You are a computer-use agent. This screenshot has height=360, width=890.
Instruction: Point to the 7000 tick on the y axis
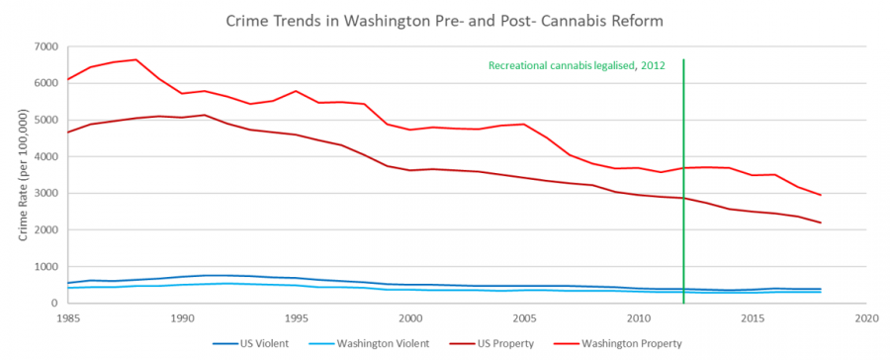[45, 46]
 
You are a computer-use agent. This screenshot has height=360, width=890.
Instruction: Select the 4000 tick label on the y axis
[45, 156]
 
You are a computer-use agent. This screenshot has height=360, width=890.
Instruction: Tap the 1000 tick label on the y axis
[45, 267]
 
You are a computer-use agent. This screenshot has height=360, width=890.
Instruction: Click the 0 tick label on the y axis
[54, 304]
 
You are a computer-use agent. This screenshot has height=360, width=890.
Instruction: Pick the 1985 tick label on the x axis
[67, 318]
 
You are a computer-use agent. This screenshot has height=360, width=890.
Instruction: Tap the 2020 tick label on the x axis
[866, 318]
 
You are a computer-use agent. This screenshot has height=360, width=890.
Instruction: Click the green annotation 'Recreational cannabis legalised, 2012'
[576, 65]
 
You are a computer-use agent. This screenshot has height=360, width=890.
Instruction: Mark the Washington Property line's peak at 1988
[135, 59]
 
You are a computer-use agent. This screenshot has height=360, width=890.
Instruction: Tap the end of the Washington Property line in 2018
[821, 195]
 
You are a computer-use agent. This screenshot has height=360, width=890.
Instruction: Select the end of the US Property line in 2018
[821, 223]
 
